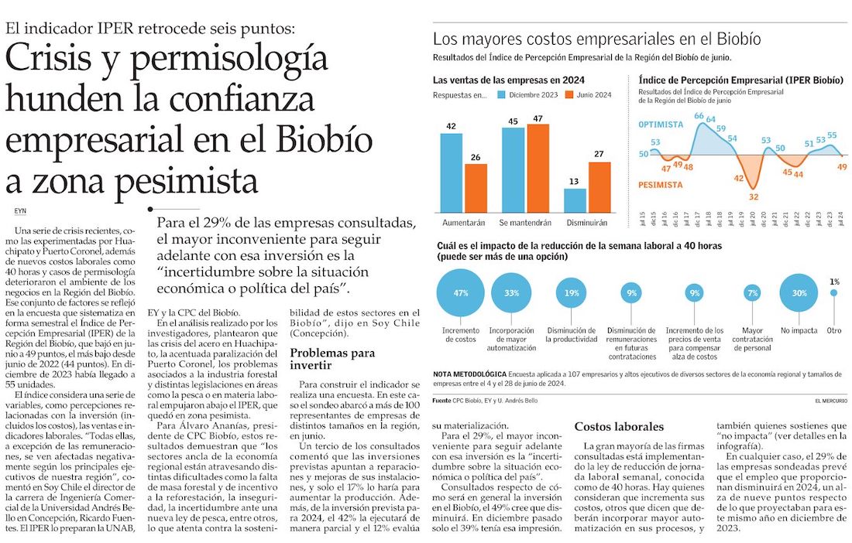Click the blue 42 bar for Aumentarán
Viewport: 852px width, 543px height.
(x=451, y=172)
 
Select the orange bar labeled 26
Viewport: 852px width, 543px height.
(x=476, y=188)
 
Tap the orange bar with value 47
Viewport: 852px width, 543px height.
(x=538, y=168)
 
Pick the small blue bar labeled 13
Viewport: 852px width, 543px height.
(x=575, y=200)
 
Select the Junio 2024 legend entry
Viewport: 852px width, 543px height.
(x=589, y=95)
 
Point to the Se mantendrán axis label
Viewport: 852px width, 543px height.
(x=525, y=223)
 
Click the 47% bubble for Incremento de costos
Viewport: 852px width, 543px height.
(x=460, y=293)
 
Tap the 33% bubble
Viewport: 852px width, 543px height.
(x=511, y=293)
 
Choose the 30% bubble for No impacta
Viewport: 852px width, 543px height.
(x=799, y=293)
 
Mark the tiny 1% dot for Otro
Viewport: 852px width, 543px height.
(x=833, y=293)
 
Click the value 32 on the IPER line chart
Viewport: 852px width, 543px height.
(x=753, y=197)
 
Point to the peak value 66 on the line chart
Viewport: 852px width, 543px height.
(x=699, y=115)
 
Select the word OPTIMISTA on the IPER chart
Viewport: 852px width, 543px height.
(x=661, y=125)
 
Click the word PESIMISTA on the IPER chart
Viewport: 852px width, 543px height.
(x=660, y=185)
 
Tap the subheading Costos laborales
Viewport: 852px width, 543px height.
(x=619, y=427)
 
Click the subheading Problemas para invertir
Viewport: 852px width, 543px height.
(x=332, y=359)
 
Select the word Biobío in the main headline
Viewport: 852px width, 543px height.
(x=324, y=139)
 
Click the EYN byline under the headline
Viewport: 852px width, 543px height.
(x=20, y=211)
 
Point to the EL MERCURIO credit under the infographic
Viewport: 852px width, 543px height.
(x=831, y=401)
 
